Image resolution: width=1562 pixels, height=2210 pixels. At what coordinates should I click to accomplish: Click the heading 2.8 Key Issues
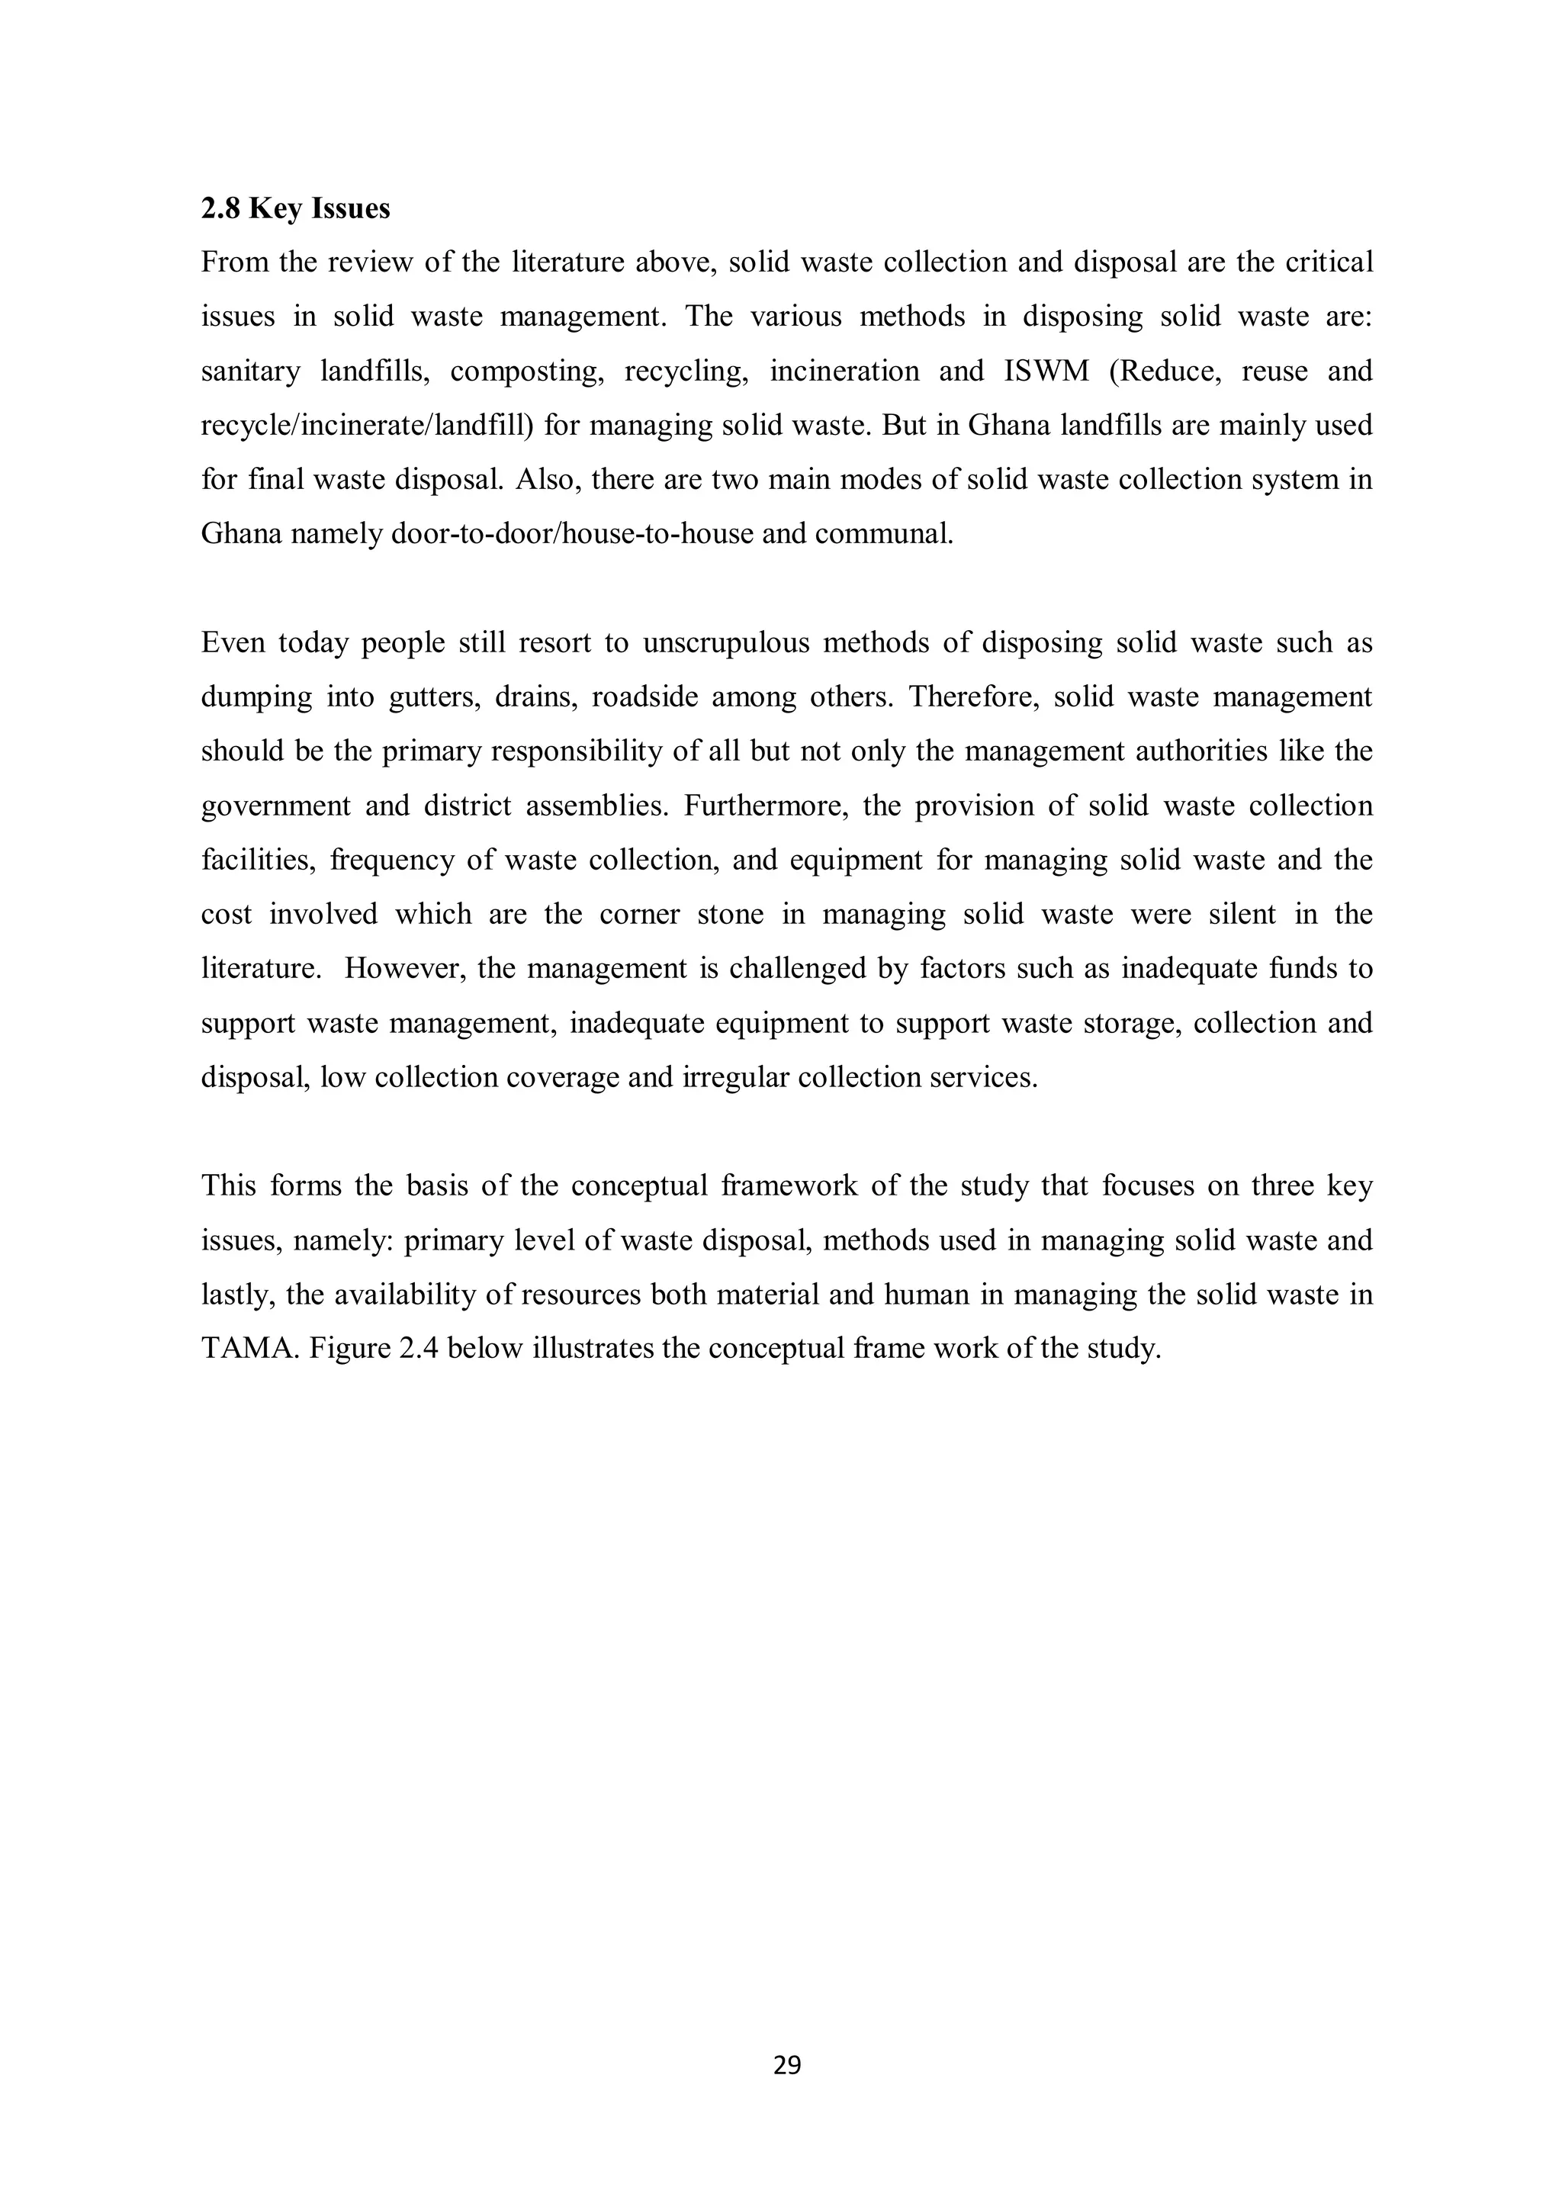point(295,209)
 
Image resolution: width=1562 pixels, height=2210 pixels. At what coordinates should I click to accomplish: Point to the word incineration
point(844,372)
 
